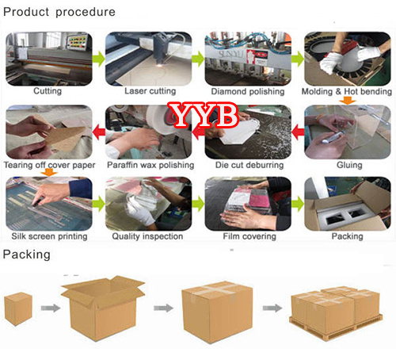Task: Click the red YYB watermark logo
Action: pyautogui.click(x=204, y=115)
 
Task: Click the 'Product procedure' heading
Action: pyautogui.click(x=59, y=12)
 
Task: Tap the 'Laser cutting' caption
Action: pyautogui.click(x=150, y=91)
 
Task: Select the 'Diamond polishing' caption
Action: pyautogui.click(x=248, y=91)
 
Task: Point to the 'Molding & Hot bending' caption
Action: pyautogui.click(x=347, y=91)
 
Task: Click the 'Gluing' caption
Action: pyautogui.click(x=349, y=165)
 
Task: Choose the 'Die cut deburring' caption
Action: pyautogui.click(x=249, y=165)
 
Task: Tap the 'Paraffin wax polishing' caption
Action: pyautogui.click(x=150, y=165)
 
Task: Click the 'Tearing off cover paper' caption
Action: pyautogui.click(x=49, y=165)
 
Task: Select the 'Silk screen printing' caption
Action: pyautogui.click(x=49, y=236)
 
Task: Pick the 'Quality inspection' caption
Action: pyautogui.click(x=147, y=236)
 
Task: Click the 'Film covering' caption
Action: pyautogui.click(x=249, y=236)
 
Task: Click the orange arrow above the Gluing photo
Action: pyautogui.click(x=348, y=101)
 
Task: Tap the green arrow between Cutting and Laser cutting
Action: pyautogui.click(x=99, y=59)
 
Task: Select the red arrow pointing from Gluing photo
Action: pyautogui.click(x=298, y=132)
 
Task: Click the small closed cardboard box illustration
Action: pyautogui.click(x=18, y=308)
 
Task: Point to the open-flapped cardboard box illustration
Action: pyautogui.click(x=103, y=308)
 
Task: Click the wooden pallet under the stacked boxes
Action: pyautogui.click(x=336, y=327)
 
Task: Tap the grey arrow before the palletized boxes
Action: pyautogui.click(x=272, y=308)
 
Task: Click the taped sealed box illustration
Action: pyautogui.click(x=217, y=312)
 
